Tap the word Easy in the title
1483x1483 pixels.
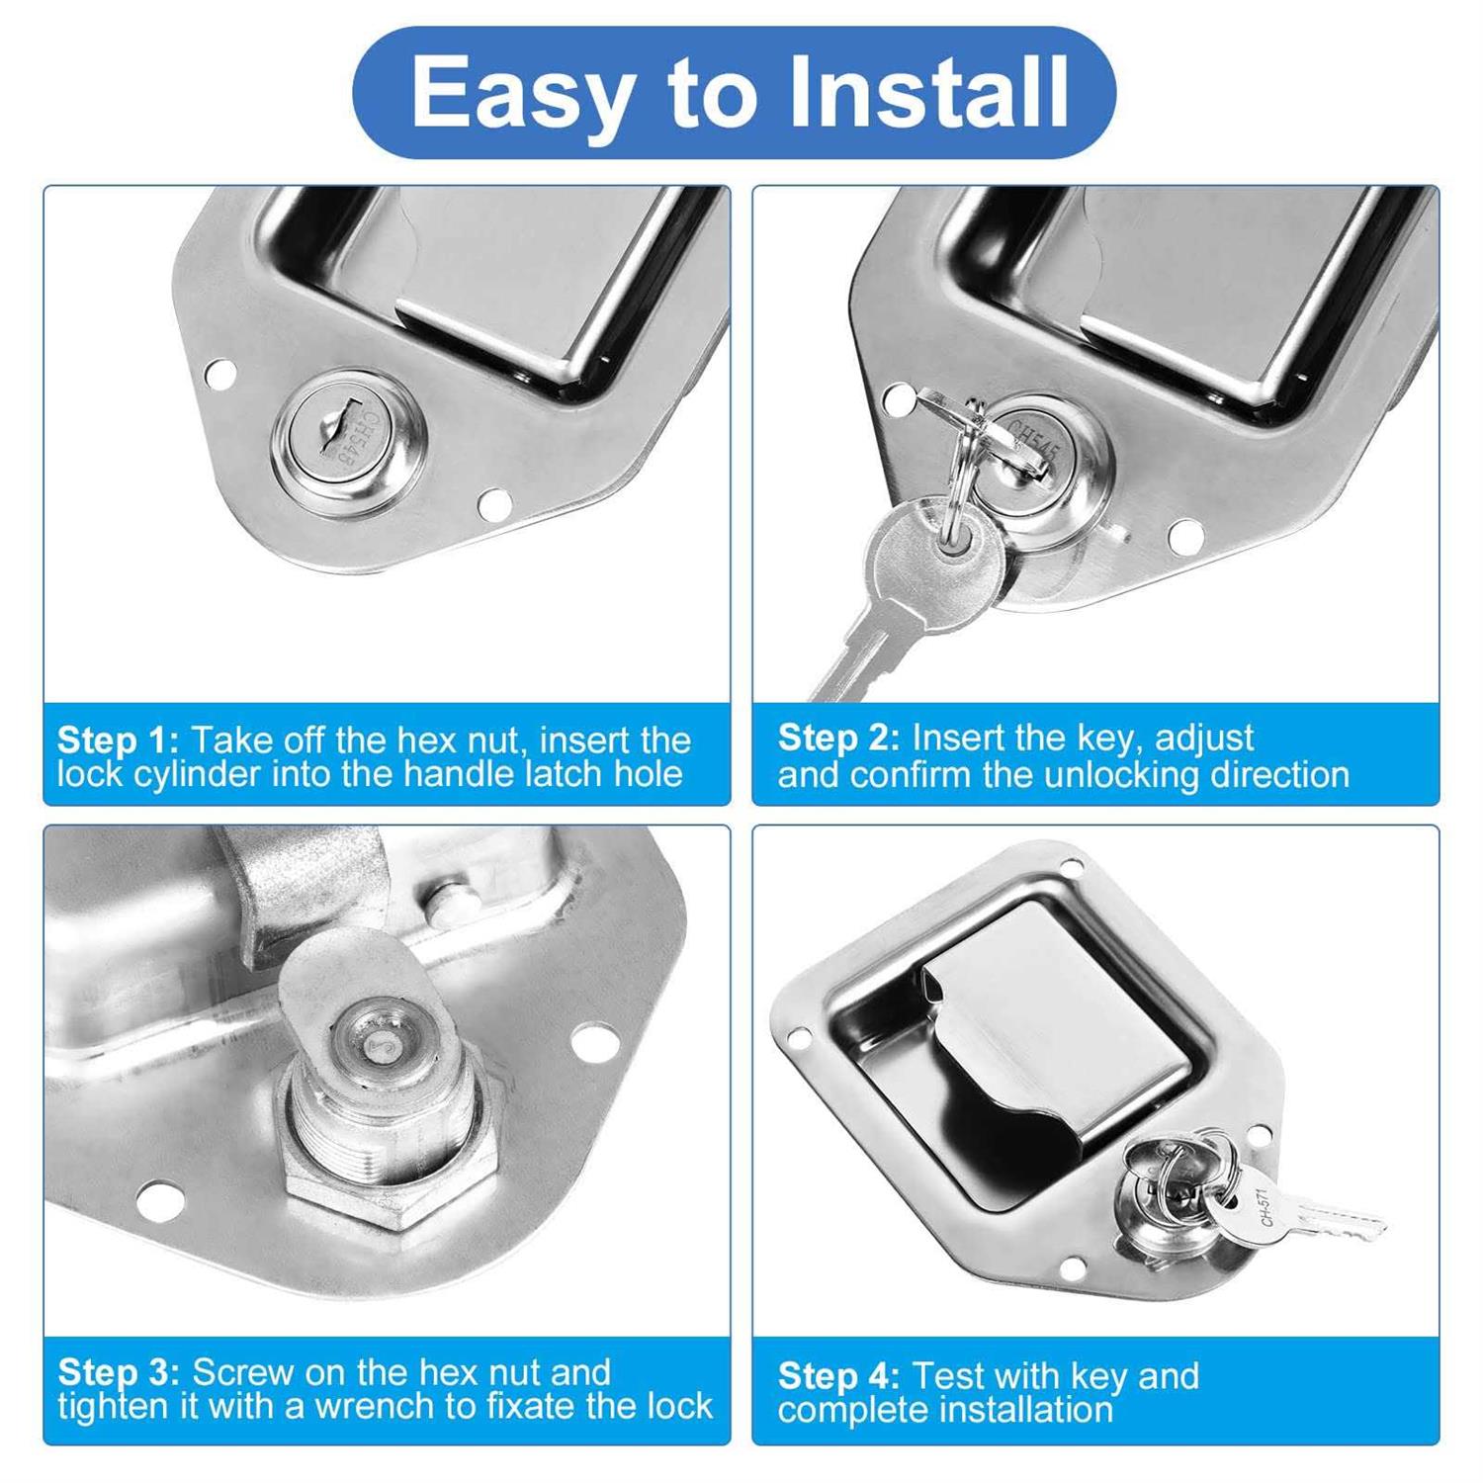(519, 92)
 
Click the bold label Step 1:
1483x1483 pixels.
(118, 740)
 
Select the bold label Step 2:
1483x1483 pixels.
(838, 738)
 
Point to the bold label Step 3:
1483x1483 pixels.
(118, 1372)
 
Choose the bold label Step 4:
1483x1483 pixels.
(838, 1375)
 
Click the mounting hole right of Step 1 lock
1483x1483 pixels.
(494, 505)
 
